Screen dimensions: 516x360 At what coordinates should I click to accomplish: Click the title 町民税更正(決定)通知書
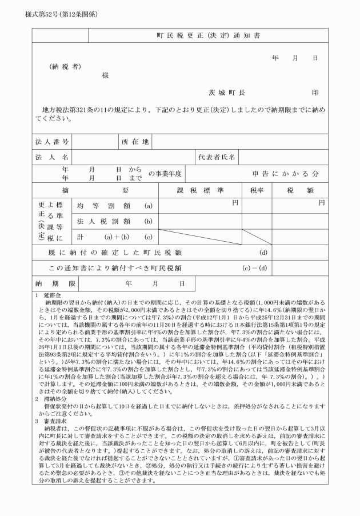coord(208,35)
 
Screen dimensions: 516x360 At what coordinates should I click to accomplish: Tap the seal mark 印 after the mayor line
coord(314,91)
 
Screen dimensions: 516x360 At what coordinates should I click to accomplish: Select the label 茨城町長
coord(227,91)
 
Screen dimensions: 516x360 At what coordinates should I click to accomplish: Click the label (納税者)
coord(65,66)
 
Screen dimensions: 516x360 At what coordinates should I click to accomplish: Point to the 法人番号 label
coord(52,141)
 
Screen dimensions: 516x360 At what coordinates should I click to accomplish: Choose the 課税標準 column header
coord(199,189)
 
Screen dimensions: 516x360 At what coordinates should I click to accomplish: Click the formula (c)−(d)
coord(254,267)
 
